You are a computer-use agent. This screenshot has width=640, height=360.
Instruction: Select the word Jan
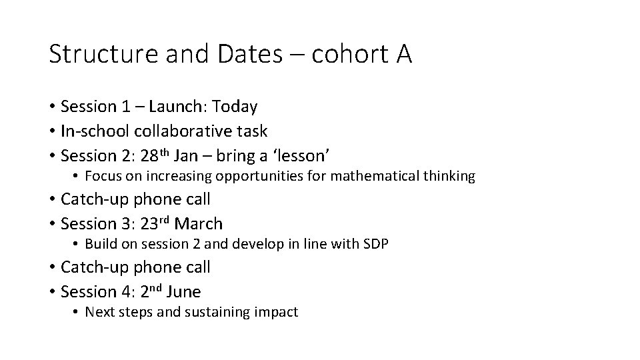(198, 155)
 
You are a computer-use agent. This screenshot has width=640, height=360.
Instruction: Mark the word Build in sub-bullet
(100, 245)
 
